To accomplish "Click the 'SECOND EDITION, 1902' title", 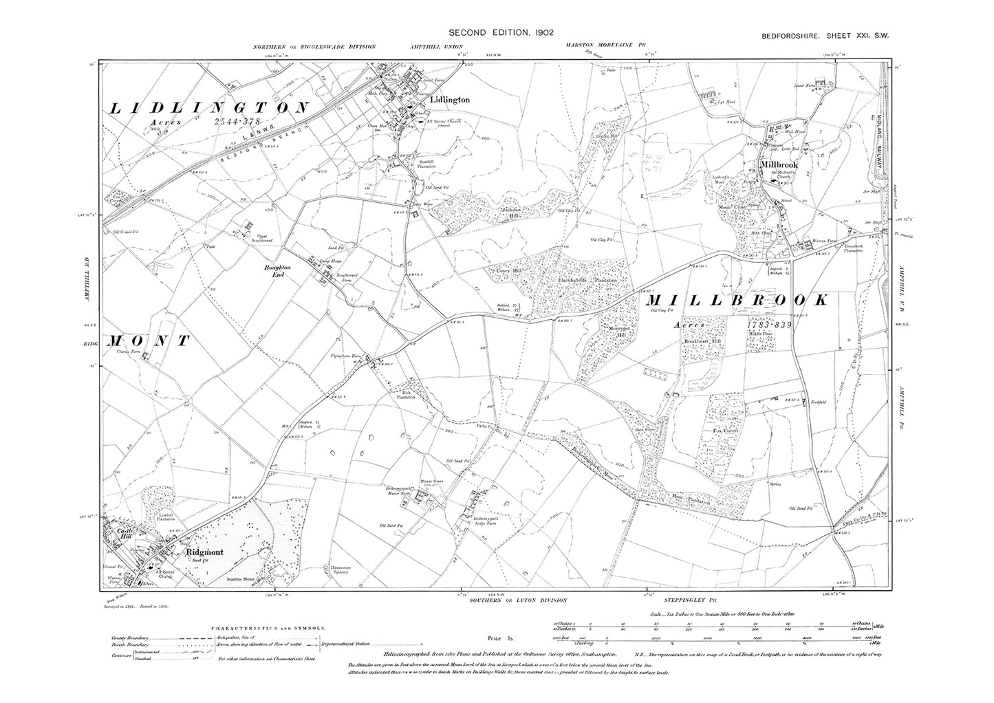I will pos(501,32).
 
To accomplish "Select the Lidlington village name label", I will pos(449,100).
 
